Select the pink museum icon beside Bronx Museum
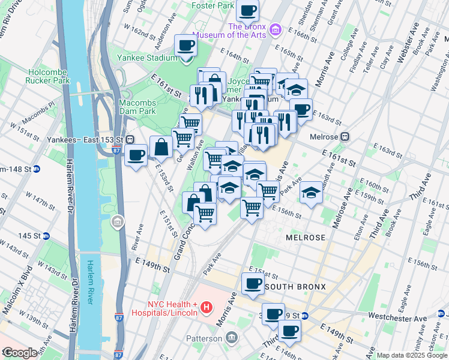(276, 29)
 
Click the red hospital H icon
(206, 308)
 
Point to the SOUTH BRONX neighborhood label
(295, 287)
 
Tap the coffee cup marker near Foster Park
(247, 10)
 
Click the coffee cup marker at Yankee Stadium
(185, 45)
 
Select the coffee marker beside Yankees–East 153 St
(136, 155)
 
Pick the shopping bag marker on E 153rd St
(161, 146)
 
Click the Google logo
(19, 353)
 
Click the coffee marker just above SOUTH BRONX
(253, 283)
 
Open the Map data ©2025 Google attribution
(411, 355)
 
